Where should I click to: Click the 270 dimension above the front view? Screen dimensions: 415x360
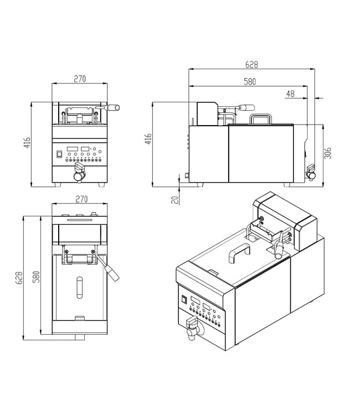[79, 78]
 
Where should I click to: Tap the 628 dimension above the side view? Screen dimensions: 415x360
[252, 64]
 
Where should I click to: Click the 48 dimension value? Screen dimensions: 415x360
[290, 94]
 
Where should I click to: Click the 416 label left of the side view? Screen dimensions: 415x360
[147, 138]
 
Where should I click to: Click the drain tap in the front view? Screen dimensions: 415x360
[78, 175]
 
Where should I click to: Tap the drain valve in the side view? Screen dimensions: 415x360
[311, 172]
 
